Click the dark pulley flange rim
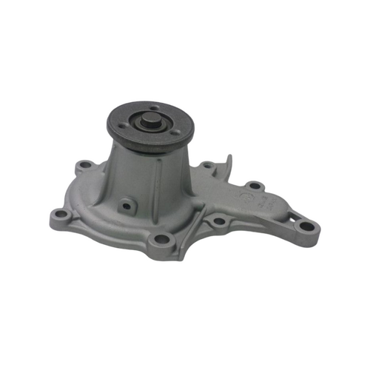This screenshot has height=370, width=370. [148, 145]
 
